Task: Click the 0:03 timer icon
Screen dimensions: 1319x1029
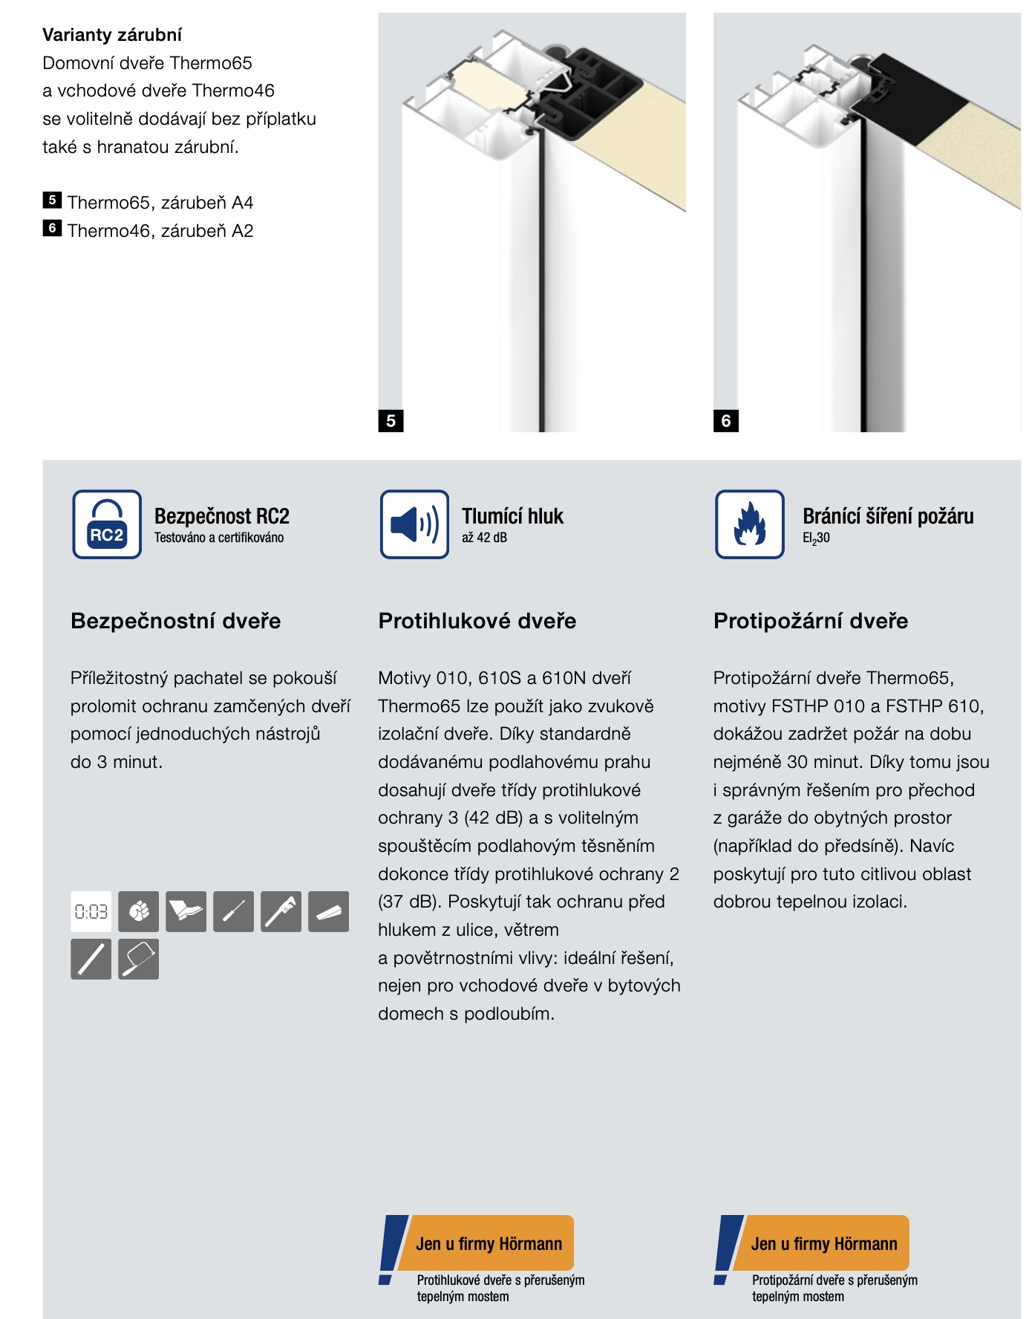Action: pyautogui.click(x=91, y=911)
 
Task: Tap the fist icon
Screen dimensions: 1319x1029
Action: pyautogui.click(x=138, y=911)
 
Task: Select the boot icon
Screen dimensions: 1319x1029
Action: pyautogui.click(x=186, y=911)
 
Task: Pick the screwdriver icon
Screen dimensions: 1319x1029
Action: pyautogui.click(x=233, y=911)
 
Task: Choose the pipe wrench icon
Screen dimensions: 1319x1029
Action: pyautogui.click(x=281, y=911)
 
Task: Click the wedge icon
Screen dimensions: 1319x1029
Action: pyautogui.click(x=328, y=911)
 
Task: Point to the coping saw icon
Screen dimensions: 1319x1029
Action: pyautogui.click(x=138, y=959)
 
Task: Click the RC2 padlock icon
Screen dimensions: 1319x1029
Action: pyautogui.click(x=107, y=524)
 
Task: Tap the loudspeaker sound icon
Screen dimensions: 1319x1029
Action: pyautogui.click(x=414, y=524)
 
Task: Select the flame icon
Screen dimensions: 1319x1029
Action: pyautogui.click(x=749, y=524)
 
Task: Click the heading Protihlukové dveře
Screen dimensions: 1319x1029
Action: pyautogui.click(x=477, y=621)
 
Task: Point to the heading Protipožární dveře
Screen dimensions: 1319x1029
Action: pyautogui.click(x=810, y=621)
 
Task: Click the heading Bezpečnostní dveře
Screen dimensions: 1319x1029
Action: pyautogui.click(x=175, y=621)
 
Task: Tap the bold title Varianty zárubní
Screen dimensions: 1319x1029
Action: pyautogui.click(x=111, y=35)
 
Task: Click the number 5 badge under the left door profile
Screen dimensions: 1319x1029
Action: pyautogui.click(x=391, y=421)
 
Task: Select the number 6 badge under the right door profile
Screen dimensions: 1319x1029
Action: pyautogui.click(x=725, y=421)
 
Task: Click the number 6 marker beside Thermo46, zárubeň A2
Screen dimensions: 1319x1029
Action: pyautogui.click(x=52, y=229)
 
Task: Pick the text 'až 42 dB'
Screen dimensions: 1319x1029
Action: pyautogui.click(x=484, y=538)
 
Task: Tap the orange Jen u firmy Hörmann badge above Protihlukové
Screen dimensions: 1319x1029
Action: pyautogui.click(x=486, y=1243)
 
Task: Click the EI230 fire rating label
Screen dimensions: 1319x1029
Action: pyautogui.click(x=816, y=538)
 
